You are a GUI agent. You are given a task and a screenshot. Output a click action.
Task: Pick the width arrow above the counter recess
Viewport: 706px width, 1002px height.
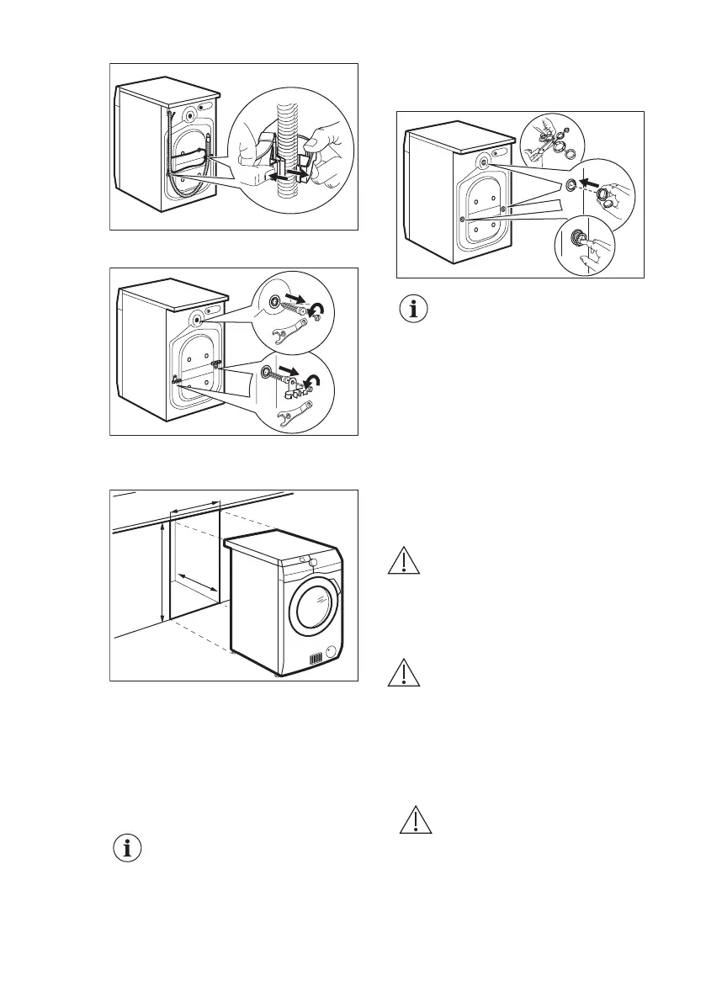pyautogui.click(x=194, y=508)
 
